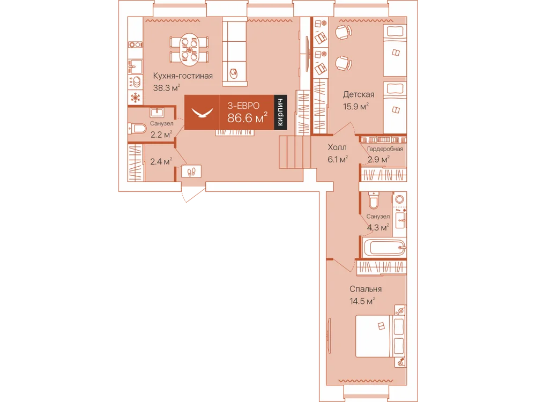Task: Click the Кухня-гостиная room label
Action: tap(183, 76)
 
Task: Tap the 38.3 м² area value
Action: tap(167, 87)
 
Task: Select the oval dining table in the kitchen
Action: tap(190, 49)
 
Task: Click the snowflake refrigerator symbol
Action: tap(136, 98)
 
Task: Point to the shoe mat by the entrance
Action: tap(191, 172)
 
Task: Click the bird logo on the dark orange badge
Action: tap(203, 113)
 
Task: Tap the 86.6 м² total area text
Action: tap(247, 118)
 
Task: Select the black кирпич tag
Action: tap(280, 112)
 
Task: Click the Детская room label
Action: tap(359, 94)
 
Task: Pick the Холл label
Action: tap(337, 148)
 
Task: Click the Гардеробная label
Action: tap(385, 148)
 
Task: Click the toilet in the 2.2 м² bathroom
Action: tap(137, 129)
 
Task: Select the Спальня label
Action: tap(366, 289)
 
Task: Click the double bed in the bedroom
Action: tap(381, 336)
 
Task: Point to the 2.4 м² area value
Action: tap(161, 161)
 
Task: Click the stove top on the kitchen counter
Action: tap(136, 44)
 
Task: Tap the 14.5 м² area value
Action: tap(362, 301)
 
